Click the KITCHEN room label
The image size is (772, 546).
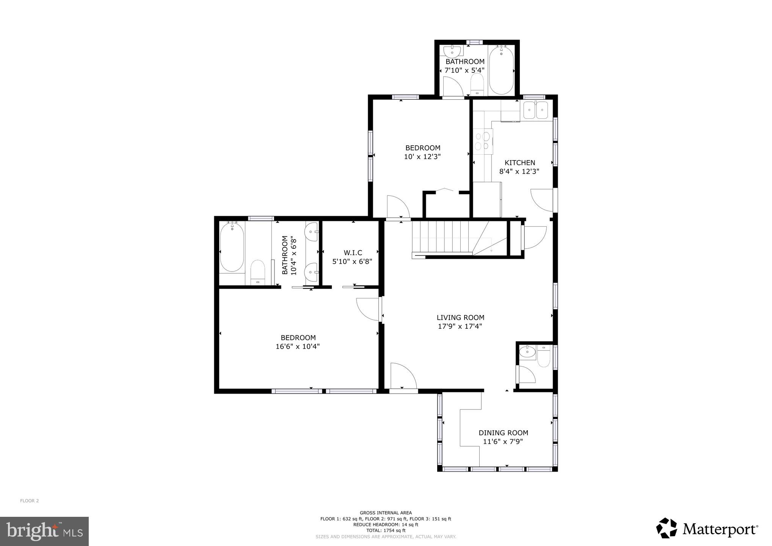(x=519, y=163)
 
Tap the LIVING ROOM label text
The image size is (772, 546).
(x=460, y=318)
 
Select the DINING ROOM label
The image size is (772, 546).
(x=503, y=433)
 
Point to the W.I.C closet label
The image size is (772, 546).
(x=353, y=253)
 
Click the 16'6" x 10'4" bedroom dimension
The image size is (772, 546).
(x=298, y=346)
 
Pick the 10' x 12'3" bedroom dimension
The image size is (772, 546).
(x=422, y=156)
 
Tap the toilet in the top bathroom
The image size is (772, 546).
(x=477, y=84)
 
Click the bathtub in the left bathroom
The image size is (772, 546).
(x=232, y=247)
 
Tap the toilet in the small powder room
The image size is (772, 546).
(x=544, y=358)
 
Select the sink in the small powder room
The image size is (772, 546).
(x=527, y=352)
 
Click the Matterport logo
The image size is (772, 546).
(x=707, y=528)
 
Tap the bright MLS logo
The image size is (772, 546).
(x=44, y=531)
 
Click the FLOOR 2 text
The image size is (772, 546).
(x=30, y=501)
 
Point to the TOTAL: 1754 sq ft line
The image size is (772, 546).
(x=386, y=530)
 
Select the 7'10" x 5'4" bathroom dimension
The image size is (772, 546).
(x=465, y=71)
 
